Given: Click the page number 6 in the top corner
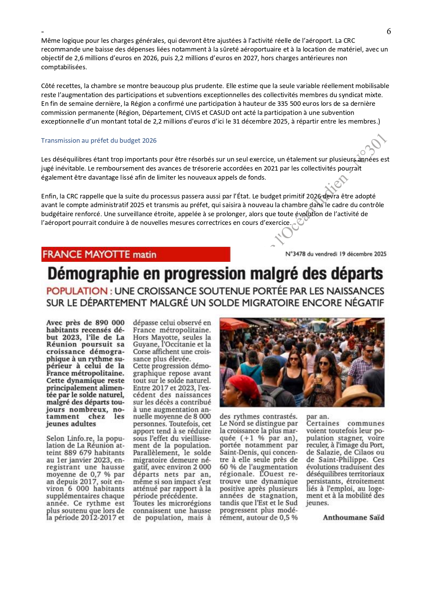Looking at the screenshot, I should click(389, 31).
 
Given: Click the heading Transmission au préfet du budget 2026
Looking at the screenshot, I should click(99, 141).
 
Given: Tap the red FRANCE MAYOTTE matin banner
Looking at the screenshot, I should click(136, 254).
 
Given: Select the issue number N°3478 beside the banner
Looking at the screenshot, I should click(295, 254).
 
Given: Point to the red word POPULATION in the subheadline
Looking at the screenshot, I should click(77, 291).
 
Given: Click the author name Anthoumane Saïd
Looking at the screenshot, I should click(353, 517).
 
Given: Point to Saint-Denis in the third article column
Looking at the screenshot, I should click(237, 453).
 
